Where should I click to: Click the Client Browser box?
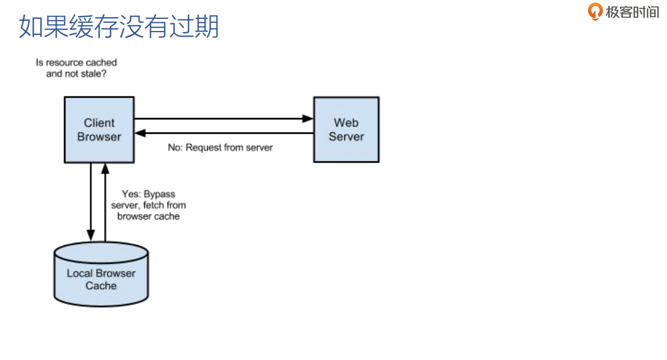click(99, 129)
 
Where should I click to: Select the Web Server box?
click(346, 129)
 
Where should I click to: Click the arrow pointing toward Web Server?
click(222, 118)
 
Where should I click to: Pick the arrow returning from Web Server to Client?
click(222, 133)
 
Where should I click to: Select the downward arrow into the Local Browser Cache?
click(90, 200)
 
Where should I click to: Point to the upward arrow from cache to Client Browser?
click(104, 200)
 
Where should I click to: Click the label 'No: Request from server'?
click(220, 148)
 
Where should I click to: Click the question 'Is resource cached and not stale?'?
click(77, 68)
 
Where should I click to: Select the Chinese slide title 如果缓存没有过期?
click(119, 27)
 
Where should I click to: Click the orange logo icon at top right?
click(595, 11)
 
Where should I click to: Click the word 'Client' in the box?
click(99, 123)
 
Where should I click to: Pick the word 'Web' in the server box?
click(346, 123)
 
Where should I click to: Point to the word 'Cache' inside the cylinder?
click(101, 286)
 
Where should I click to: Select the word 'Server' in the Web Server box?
click(346, 136)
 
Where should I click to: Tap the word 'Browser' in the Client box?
click(99, 136)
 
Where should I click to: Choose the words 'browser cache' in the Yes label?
click(148, 216)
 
